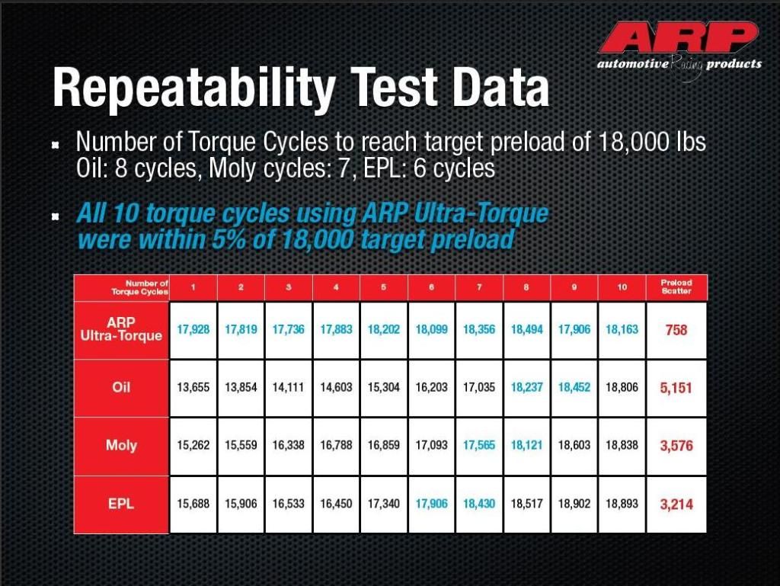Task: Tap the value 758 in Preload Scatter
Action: tap(676, 330)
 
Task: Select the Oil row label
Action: tap(121, 387)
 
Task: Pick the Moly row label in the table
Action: tap(121, 445)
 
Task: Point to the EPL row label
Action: tap(121, 504)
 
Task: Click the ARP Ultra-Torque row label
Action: tap(121, 329)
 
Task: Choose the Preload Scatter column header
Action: tap(676, 287)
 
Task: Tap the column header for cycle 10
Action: tap(622, 287)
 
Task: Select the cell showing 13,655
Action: tap(193, 387)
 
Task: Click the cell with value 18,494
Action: tap(526, 329)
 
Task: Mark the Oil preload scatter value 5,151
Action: tap(676, 388)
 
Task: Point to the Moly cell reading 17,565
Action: tap(479, 445)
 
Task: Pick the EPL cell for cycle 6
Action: tap(431, 504)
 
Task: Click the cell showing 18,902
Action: tap(574, 504)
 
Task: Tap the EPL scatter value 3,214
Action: tap(676, 504)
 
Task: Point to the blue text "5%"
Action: tap(229, 240)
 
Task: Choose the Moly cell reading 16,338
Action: tap(288, 445)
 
